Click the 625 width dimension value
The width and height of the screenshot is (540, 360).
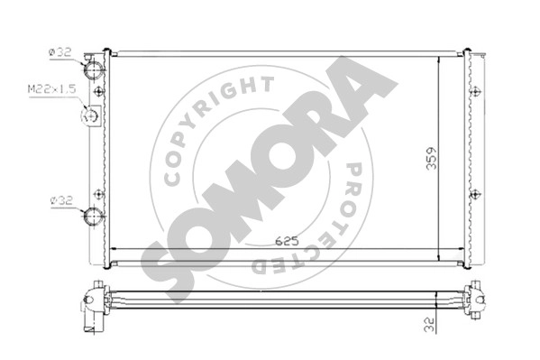coord(287,242)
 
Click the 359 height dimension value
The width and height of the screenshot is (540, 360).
coord(432,158)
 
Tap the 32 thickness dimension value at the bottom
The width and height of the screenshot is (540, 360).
coord(429,325)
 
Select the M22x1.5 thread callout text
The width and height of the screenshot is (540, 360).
coord(51,89)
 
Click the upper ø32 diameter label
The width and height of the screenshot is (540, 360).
coord(60,52)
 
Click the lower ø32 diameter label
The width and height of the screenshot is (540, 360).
coord(61,200)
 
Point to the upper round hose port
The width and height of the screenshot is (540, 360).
coord(94,70)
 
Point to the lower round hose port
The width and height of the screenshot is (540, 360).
coord(94,216)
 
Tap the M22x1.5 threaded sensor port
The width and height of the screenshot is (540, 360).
coord(90,115)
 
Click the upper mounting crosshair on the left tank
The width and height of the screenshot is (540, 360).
coord(99,91)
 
